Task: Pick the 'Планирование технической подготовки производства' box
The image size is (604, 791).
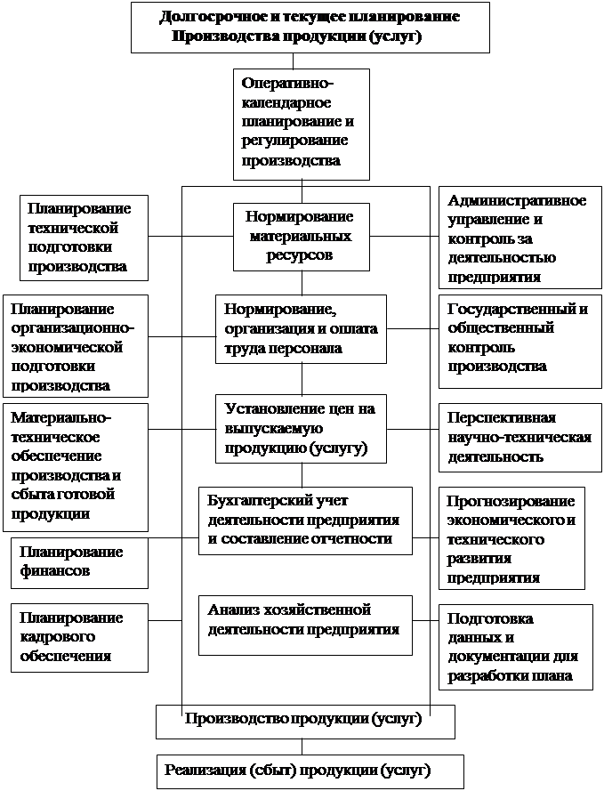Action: (x=84, y=236)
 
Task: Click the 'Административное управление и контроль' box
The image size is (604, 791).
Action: (x=517, y=237)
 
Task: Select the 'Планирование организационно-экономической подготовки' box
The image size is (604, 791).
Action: (x=75, y=346)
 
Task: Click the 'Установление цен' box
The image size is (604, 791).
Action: (x=301, y=429)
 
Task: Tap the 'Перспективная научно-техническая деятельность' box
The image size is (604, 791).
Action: (x=515, y=437)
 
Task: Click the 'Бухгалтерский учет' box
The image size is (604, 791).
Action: (x=304, y=520)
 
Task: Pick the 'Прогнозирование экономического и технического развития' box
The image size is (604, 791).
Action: (x=511, y=537)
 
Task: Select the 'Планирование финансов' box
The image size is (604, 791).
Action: (x=80, y=562)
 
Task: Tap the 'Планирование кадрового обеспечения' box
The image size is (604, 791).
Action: (x=80, y=636)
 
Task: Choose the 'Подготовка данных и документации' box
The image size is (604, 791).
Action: (x=515, y=647)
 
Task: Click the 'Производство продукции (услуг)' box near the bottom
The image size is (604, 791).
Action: (x=305, y=721)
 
